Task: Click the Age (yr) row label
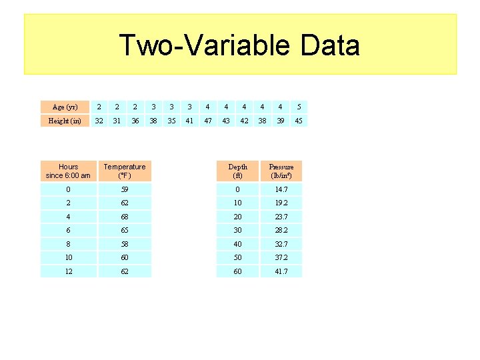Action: (x=65, y=107)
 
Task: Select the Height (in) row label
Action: (x=65, y=121)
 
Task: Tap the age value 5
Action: (x=299, y=107)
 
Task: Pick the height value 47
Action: (x=208, y=121)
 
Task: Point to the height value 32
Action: (x=99, y=121)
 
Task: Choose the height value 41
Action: (x=190, y=121)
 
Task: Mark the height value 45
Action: (x=299, y=121)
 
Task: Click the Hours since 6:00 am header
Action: (x=68, y=171)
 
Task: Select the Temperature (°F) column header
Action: (x=124, y=171)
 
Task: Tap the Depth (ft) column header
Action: (x=237, y=171)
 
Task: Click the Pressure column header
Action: (x=281, y=171)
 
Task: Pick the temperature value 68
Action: (x=124, y=217)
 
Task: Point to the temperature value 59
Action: (x=124, y=189)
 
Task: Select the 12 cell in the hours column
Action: (x=68, y=271)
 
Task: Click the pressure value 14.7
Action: (x=281, y=189)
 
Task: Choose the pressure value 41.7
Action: (x=281, y=271)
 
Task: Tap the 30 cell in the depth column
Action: (x=237, y=230)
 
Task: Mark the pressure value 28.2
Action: (x=281, y=230)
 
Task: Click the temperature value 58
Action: (x=124, y=244)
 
